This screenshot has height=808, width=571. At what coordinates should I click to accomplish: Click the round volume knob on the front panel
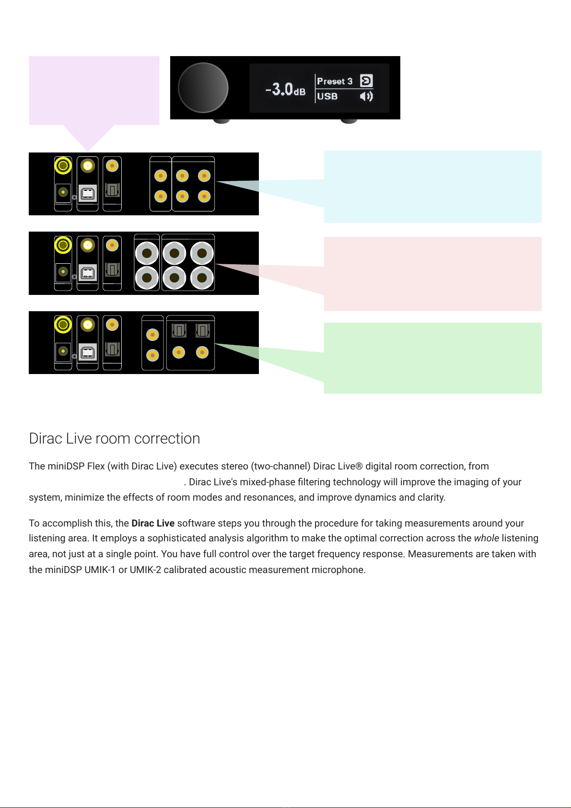(x=203, y=88)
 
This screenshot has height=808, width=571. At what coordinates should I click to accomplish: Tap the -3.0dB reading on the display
(x=285, y=89)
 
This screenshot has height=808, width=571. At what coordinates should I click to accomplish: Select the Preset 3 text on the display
(x=335, y=81)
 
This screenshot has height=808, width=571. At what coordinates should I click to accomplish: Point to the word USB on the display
(x=327, y=96)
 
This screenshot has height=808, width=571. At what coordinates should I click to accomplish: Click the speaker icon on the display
(x=366, y=96)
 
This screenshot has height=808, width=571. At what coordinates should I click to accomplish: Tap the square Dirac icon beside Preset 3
(x=366, y=81)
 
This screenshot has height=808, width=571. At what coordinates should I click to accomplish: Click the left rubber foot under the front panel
(x=221, y=121)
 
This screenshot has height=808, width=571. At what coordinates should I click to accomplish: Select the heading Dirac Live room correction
(x=114, y=438)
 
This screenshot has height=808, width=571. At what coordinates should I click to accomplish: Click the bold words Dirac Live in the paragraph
(x=152, y=523)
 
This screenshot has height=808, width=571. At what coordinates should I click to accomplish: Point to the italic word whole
(x=486, y=538)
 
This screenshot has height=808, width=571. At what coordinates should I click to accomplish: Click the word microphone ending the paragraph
(x=341, y=570)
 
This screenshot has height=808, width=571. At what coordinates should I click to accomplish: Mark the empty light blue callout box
(x=432, y=186)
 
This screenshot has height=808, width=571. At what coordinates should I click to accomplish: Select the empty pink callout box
(x=432, y=274)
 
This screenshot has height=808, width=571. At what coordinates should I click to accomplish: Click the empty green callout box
(x=432, y=358)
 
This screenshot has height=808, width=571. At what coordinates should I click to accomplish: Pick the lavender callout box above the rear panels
(x=94, y=90)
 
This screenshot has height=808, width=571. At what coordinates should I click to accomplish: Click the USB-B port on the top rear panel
(x=87, y=193)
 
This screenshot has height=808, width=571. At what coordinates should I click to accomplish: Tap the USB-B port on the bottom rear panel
(x=87, y=352)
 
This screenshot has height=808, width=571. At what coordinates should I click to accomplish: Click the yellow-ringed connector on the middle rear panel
(x=63, y=245)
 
